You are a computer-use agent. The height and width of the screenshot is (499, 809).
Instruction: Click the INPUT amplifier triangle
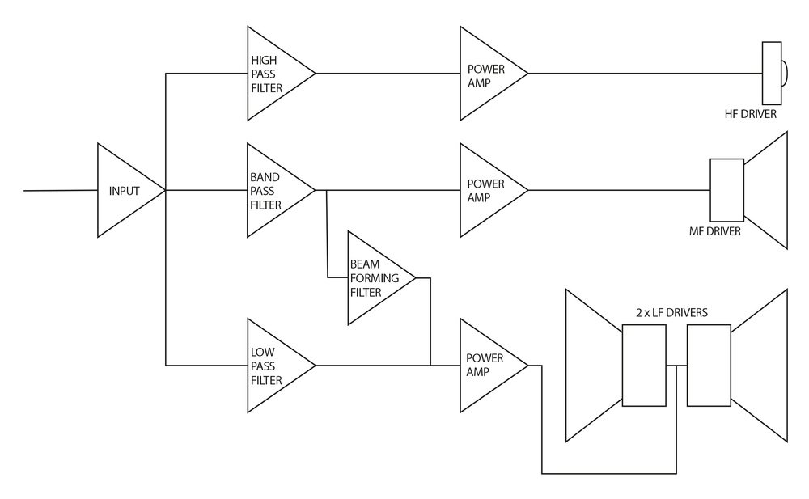pos(125,191)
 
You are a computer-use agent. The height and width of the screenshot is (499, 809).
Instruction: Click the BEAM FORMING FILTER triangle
pos(374,278)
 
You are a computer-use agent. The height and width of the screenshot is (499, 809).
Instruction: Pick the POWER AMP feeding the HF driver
pos(486,74)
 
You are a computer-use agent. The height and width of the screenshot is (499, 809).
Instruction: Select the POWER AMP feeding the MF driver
pos(486,191)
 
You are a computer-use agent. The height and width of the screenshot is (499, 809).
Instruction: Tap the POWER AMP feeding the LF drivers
pos(486,366)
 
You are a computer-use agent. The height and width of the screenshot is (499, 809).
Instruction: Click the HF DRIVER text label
pos(751,115)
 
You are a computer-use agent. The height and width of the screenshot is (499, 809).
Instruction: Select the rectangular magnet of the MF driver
pos(726,190)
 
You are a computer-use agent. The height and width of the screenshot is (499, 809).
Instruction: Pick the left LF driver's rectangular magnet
pos(644,366)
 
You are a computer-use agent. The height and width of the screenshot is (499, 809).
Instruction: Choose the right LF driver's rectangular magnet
pos(709,366)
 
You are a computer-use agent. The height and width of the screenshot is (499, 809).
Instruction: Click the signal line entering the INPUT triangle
pos(61,191)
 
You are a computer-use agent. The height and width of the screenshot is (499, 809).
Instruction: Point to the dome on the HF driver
pos(784,74)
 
